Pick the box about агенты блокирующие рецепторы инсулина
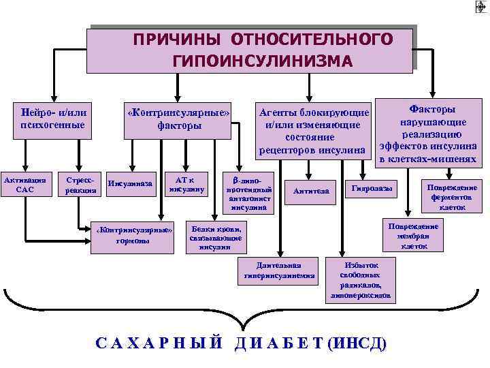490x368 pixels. pos(314,130)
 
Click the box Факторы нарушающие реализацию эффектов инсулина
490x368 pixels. pos(431,134)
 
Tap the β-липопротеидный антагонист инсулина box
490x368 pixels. pos(250,191)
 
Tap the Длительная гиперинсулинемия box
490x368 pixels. pos(279,271)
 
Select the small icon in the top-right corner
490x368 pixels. pos(480,7)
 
